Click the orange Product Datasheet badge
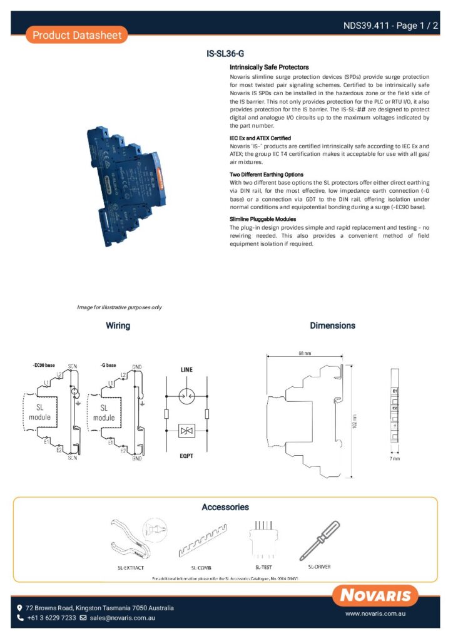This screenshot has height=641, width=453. pos(77,35)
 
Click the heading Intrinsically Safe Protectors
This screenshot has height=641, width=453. pos(269,66)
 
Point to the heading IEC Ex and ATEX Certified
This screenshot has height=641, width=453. pos(260,138)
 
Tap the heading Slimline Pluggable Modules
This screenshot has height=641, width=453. pos(263,219)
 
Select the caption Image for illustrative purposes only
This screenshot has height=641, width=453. pos(119,307)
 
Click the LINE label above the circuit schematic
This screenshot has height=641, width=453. pos(187,370)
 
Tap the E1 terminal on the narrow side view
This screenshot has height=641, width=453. pos(395,391)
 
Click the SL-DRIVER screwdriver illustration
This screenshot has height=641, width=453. pos(318,540)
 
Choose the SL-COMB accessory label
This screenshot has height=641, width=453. pos(201,568)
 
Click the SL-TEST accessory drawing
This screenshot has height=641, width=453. pos(263,538)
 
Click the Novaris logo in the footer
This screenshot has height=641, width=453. pos(375,595)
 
